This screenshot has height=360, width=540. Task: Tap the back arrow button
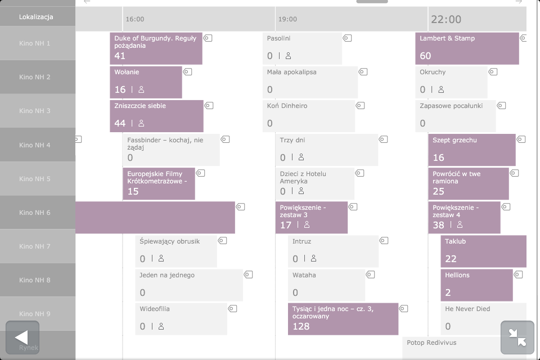(x=22, y=337)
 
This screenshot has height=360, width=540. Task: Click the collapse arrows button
(x=517, y=337)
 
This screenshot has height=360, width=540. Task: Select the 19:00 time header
(x=287, y=19)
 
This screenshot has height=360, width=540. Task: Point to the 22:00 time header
(x=446, y=19)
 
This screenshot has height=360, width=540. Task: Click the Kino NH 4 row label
(x=35, y=145)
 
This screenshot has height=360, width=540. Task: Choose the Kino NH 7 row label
(x=35, y=246)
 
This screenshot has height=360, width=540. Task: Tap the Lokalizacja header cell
(x=36, y=17)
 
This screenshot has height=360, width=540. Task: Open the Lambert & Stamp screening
(x=467, y=48)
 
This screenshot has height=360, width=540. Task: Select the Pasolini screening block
(x=302, y=48)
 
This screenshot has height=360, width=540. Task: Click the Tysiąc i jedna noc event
(x=343, y=319)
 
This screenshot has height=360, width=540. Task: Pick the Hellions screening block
(x=476, y=285)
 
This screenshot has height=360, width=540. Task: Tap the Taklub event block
(x=483, y=251)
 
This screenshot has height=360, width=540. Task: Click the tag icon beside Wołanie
(x=188, y=72)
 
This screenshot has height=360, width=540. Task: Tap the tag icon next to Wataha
(x=370, y=274)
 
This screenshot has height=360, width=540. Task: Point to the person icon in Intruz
(x=313, y=259)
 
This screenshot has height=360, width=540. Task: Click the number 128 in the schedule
(x=301, y=326)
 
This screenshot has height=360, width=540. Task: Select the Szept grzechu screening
(x=471, y=150)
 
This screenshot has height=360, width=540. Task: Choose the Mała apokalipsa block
(x=309, y=82)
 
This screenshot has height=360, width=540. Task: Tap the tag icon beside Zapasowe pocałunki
(x=501, y=106)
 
